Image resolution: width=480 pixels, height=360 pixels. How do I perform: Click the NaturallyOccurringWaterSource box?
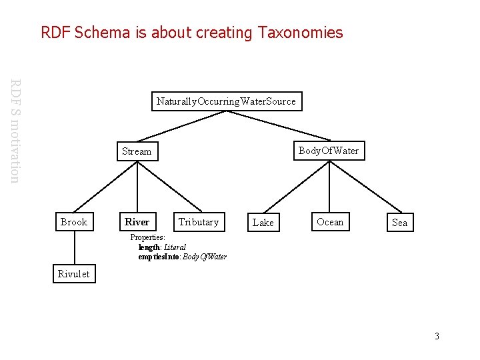(x=227, y=101)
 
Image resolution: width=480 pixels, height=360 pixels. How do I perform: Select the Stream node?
(x=137, y=151)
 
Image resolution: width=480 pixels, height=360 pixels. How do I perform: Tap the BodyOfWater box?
(x=329, y=151)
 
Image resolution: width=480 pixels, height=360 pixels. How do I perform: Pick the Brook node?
(x=74, y=222)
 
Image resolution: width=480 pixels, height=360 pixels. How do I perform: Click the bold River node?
(x=137, y=222)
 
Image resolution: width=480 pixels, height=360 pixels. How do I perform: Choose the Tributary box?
(x=199, y=222)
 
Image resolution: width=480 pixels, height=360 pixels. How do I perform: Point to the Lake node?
(x=263, y=223)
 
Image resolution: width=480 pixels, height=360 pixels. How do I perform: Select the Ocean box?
(x=330, y=222)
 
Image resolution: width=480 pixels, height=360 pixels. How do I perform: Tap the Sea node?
(x=399, y=223)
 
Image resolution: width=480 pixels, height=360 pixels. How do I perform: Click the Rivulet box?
(x=74, y=273)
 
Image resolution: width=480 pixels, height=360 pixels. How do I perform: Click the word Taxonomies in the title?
(x=301, y=32)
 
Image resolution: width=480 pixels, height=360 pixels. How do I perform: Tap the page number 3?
(x=437, y=336)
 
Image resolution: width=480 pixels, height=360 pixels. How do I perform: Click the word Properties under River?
(x=147, y=237)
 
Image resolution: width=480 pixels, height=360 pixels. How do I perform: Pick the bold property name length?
(x=149, y=247)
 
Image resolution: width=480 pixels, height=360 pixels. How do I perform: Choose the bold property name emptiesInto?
(x=158, y=257)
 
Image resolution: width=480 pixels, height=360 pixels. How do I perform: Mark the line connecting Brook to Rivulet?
(x=74, y=248)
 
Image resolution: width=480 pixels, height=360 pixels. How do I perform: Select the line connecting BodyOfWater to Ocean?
(x=329, y=187)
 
